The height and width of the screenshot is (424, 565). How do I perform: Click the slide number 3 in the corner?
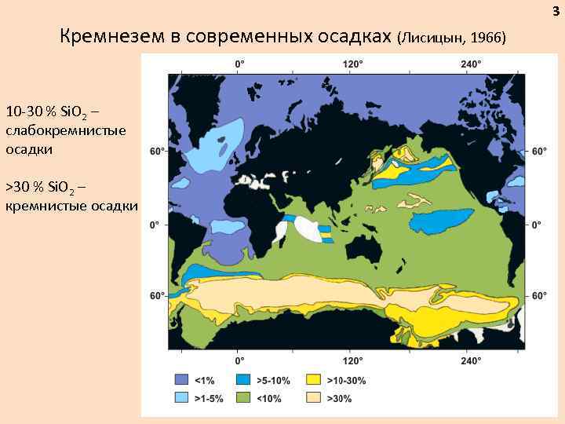[556, 9]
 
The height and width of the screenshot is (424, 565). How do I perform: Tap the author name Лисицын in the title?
[431, 38]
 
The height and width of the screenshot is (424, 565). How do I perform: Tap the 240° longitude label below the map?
[471, 361]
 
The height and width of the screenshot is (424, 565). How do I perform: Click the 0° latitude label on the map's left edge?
[155, 225]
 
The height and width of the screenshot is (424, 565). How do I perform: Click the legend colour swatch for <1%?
[181, 381]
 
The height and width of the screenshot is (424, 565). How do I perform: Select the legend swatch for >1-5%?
[181, 398]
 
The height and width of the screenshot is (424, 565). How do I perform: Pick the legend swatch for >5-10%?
[246, 381]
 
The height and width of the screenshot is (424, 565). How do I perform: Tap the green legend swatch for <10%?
[246, 398]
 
